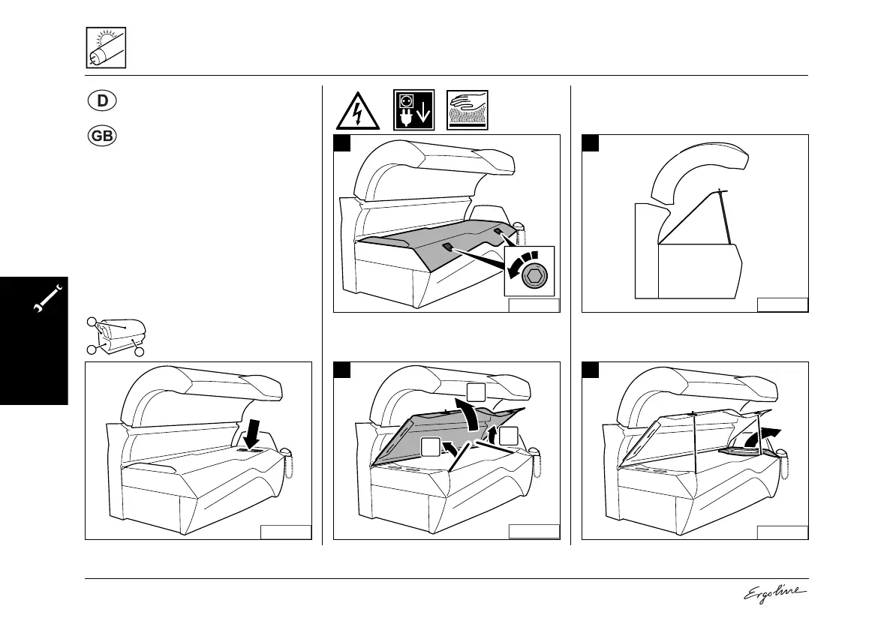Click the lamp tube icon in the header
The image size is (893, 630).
pyautogui.click(x=105, y=47)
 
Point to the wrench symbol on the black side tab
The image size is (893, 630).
pyautogui.click(x=47, y=300)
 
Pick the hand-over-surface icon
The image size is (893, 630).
pyautogui.click(x=467, y=111)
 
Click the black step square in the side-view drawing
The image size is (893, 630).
pyautogui.click(x=591, y=143)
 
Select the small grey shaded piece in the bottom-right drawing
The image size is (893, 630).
pyautogui.click(x=736, y=451)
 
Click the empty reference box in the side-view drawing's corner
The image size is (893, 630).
pyautogui.click(x=782, y=304)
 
